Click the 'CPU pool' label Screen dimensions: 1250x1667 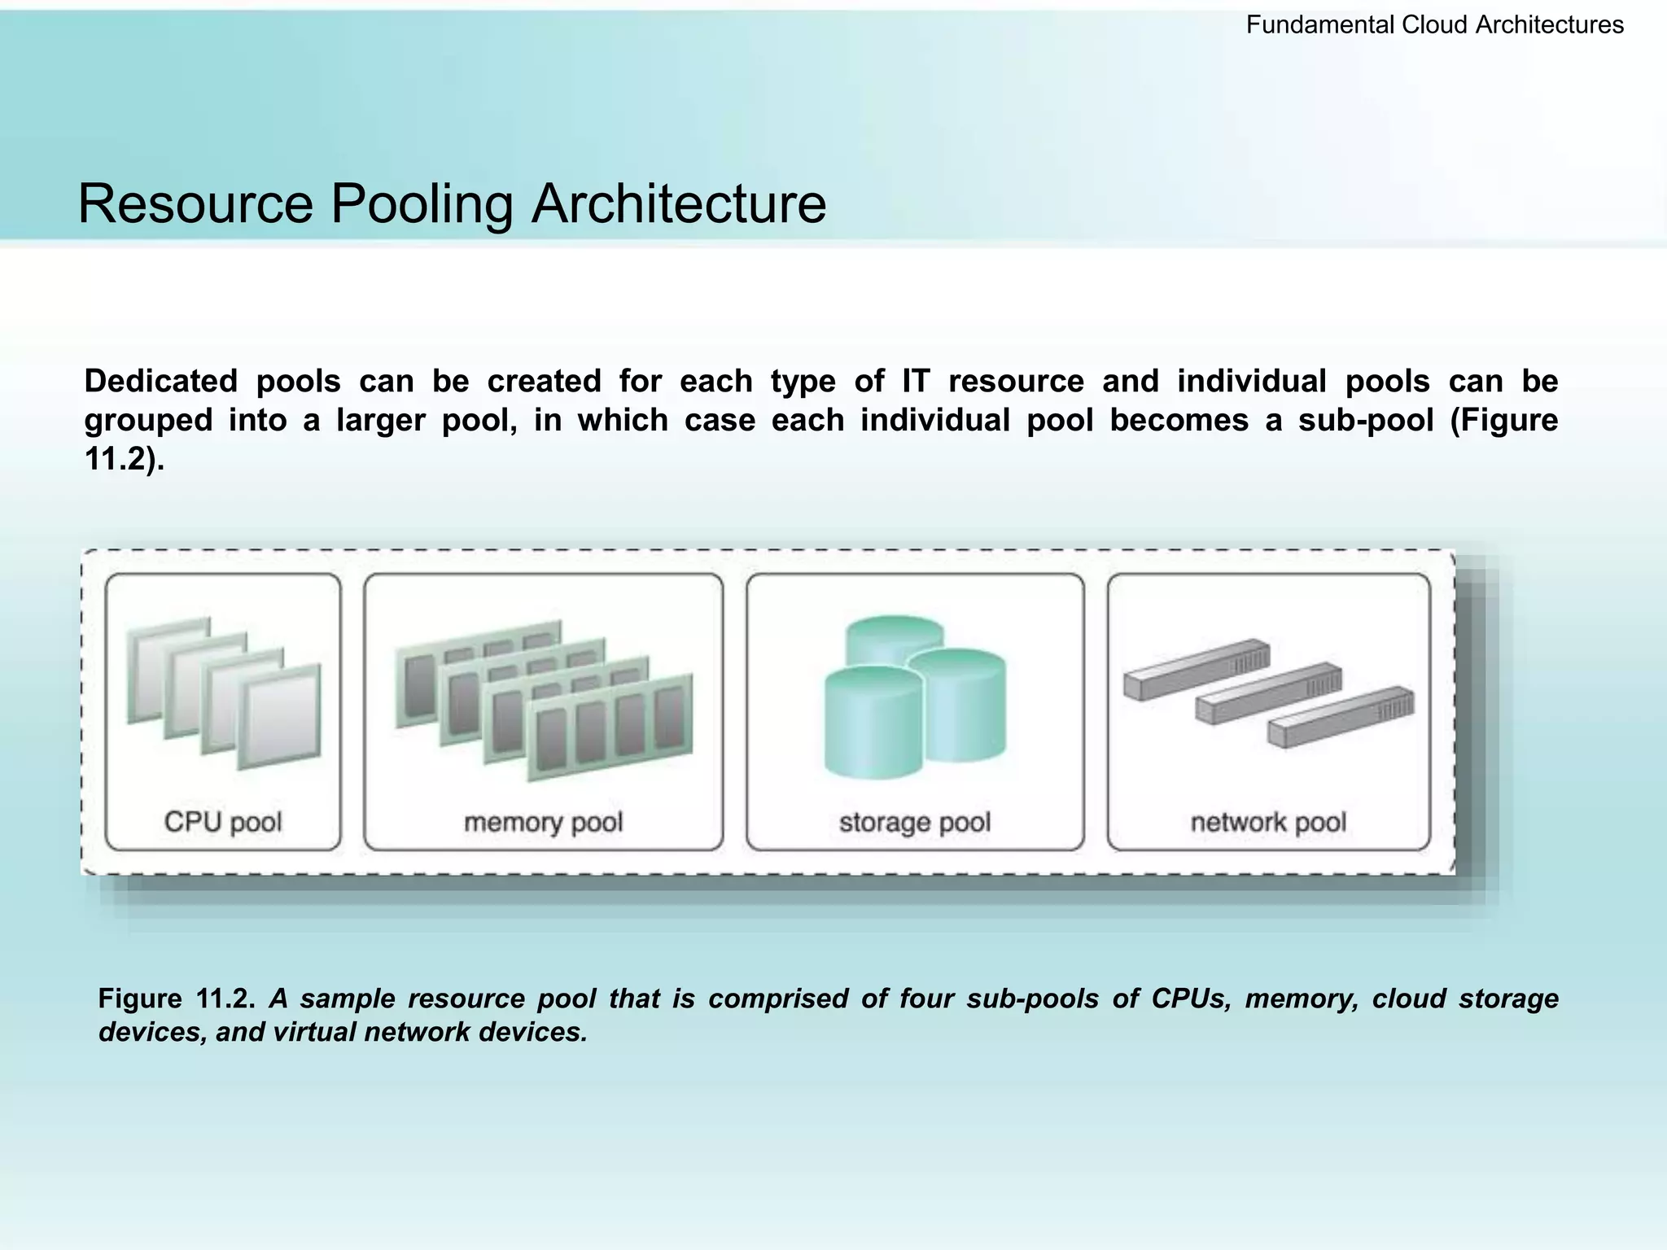point(223,821)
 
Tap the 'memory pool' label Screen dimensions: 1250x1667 point(543,822)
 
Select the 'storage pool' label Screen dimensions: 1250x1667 point(915,822)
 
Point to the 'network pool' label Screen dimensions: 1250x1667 point(1268,822)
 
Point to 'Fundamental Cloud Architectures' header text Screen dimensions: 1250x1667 point(1434,25)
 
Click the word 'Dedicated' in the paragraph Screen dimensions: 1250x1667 point(160,381)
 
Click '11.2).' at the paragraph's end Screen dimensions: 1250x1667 point(125,459)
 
